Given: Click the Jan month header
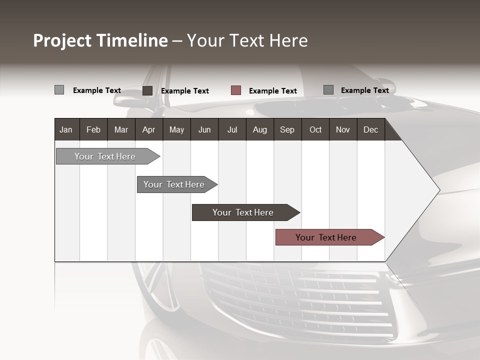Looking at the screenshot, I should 66,129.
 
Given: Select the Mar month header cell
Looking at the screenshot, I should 121,129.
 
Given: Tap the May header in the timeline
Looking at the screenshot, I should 176,129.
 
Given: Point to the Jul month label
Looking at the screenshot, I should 232,129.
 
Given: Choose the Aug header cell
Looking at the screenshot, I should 259,129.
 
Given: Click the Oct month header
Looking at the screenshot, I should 315,129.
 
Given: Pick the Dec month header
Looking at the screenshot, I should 370,129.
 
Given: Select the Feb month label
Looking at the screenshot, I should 93,129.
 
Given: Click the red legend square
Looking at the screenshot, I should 236,90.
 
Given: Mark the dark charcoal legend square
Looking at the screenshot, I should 147,90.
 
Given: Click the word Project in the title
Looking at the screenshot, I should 62,40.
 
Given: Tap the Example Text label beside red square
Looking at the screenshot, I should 272,91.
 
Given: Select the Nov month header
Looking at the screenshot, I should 343,129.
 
